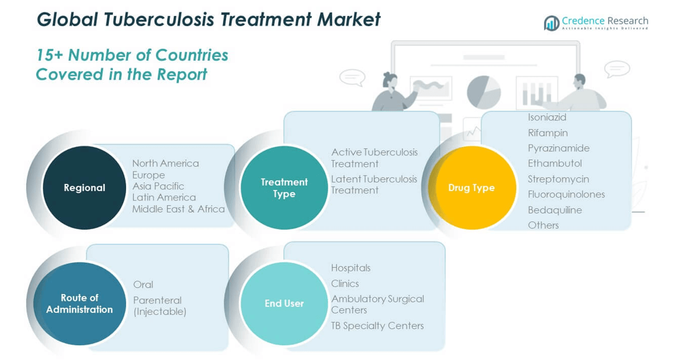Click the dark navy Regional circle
tap(84, 187)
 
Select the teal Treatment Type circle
tap(284, 187)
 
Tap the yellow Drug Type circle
tap(472, 187)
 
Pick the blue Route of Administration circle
tap(80, 303)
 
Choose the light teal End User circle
tap(284, 303)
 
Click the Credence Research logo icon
tap(551, 23)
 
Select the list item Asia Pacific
tap(158, 186)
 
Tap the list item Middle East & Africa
tap(178, 209)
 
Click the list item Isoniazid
tap(547, 117)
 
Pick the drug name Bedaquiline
tap(555, 210)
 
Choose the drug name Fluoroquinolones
tap(566, 195)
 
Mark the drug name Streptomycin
tap(559, 179)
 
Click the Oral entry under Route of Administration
tap(143, 284)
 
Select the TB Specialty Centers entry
tap(378, 325)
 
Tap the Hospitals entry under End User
tap(351, 268)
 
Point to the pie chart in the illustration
tap(484, 92)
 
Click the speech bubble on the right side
tap(617, 68)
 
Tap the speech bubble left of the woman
tap(352, 77)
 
